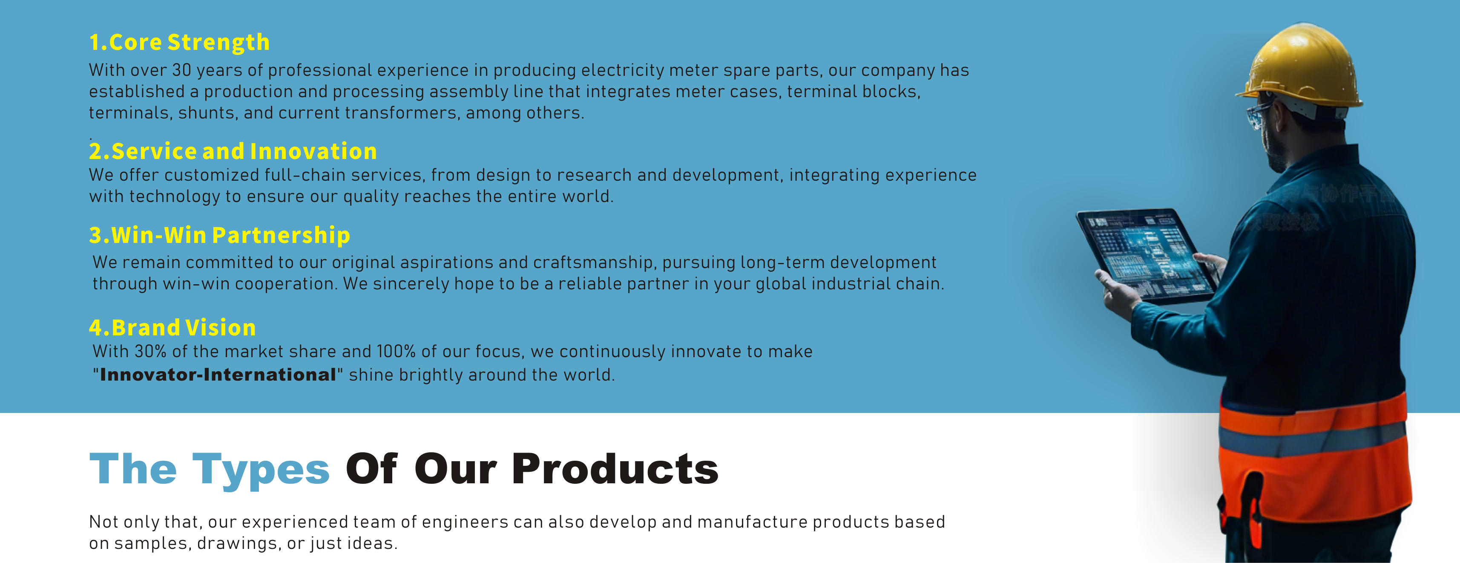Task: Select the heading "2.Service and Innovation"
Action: (233, 151)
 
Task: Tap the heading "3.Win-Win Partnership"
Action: (220, 235)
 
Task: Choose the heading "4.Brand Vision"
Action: (172, 328)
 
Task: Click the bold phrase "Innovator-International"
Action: (218, 375)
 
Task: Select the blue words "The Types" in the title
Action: (210, 469)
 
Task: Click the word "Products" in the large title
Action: (615, 469)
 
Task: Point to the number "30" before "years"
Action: (181, 70)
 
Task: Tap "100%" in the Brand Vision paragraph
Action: (396, 352)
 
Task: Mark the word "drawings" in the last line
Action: (239, 544)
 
